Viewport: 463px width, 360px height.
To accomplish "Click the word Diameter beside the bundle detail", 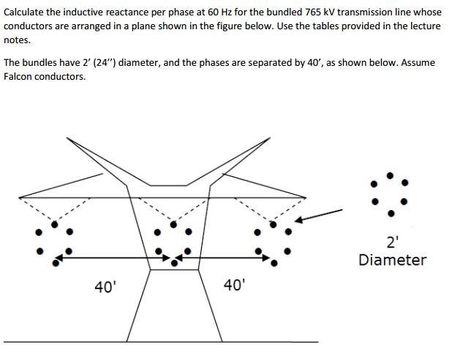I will point(392,260).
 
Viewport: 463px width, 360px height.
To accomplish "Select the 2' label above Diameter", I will point(393,244).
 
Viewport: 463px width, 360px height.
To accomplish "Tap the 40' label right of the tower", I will point(234,285).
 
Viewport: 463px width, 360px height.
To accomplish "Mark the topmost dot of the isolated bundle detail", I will point(390,175).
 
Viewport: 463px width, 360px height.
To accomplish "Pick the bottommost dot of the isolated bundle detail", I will point(390,214).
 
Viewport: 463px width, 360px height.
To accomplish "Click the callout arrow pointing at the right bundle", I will point(321,214).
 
